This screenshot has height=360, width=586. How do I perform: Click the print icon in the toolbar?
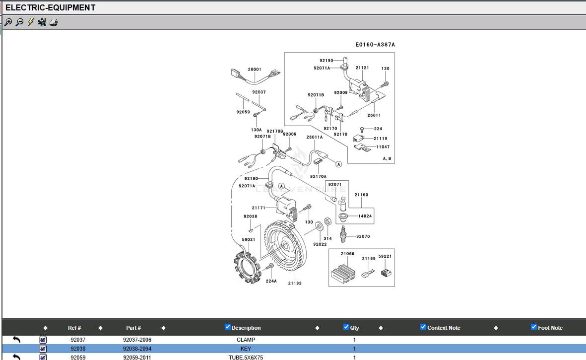coord(54,22)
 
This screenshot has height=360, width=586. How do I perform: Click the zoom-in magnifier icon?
coord(8,22)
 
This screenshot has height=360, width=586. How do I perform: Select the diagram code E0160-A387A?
coord(375,45)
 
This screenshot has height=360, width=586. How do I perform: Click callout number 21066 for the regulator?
coord(347,254)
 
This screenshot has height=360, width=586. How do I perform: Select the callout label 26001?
coord(255,70)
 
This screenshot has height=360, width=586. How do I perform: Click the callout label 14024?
coord(365,216)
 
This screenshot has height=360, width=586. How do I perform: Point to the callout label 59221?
coord(385,256)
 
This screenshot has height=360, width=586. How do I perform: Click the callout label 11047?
coord(383,147)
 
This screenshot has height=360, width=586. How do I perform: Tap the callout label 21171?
coord(259,208)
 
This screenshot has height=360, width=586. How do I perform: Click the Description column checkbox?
coord(228,327)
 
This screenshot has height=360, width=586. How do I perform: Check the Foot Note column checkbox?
coord(534,327)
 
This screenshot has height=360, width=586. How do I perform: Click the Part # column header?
coord(133,328)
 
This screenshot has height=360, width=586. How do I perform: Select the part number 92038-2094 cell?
coord(137,349)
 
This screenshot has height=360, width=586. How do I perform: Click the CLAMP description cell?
coord(246,340)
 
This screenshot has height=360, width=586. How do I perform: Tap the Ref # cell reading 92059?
coord(78,357)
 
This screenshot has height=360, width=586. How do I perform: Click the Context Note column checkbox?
coord(423,327)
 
